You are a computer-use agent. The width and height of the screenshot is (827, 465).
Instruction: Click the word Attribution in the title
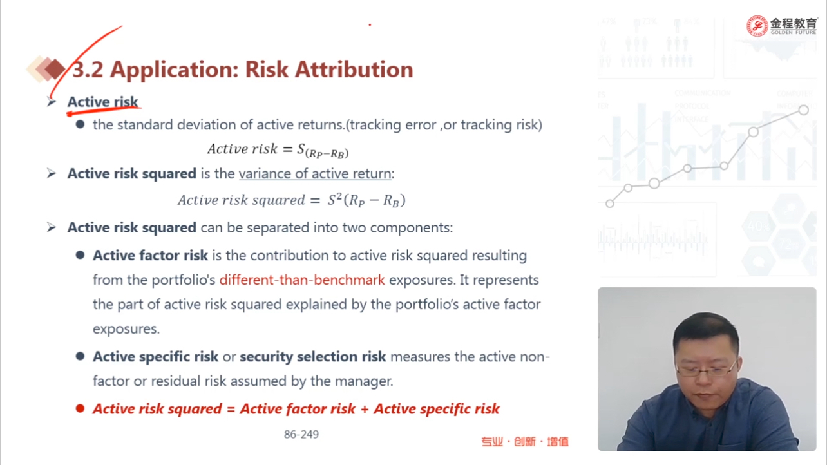click(x=354, y=70)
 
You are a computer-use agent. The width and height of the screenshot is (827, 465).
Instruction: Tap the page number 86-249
click(x=301, y=434)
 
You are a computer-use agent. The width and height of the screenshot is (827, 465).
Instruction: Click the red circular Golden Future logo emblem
click(x=757, y=26)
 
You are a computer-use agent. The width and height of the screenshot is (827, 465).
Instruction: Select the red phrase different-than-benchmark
click(x=302, y=280)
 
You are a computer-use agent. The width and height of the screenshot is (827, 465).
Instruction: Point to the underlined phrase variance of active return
click(x=315, y=174)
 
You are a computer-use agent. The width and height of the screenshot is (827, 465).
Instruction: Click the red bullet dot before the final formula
click(x=80, y=408)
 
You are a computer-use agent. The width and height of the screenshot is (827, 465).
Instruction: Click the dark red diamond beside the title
click(x=55, y=69)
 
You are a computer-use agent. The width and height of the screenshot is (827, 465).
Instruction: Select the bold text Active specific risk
click(x=155, y=357)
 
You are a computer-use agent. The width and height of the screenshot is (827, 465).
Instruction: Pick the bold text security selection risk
click(x=313, y=357)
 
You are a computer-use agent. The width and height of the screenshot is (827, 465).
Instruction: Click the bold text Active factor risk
click(x=150, y=256)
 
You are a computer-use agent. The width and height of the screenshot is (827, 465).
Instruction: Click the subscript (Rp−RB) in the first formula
click(x=327, y=153)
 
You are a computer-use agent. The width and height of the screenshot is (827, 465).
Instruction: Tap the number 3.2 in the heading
click(x=88, y=70)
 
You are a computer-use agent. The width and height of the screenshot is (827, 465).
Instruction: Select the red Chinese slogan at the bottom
click(x=525, y=441)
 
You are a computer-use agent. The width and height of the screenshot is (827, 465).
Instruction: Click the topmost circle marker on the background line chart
click(x=803, y=110)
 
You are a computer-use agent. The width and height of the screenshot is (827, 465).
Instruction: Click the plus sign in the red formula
click(x=365, y=409)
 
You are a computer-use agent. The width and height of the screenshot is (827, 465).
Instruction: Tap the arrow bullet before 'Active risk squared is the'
click(x=52, y=173)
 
